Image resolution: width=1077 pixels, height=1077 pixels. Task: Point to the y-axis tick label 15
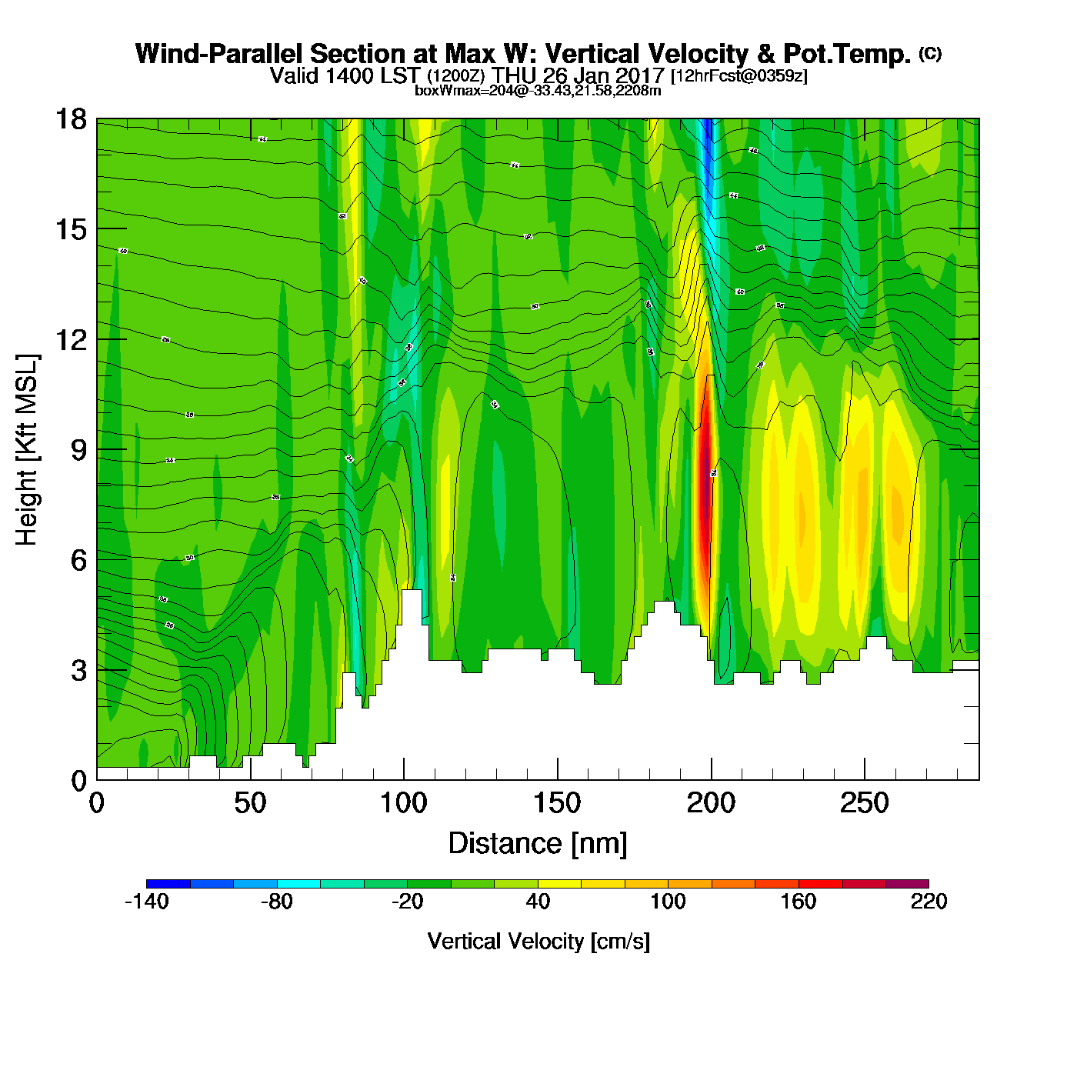pos(70,229)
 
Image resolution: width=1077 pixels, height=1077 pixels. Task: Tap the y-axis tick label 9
pos(78,450)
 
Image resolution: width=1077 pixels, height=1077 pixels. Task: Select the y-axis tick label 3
pos(78,671)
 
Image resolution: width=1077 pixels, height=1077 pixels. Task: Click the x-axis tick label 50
pos(250,804)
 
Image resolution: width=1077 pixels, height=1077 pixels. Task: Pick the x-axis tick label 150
pos(557,804)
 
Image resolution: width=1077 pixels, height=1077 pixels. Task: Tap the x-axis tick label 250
pos(865,804)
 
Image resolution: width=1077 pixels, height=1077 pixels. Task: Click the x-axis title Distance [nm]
pos(538,844)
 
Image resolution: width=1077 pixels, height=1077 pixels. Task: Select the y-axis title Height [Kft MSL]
pos(27,450)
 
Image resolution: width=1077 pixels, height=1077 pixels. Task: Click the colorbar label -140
pos(146,902)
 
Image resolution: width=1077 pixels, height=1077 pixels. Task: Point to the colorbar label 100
pos(668,902)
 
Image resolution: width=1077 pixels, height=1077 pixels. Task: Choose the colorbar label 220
pos(929,902)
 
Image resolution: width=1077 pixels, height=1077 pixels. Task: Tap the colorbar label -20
pos(407,902)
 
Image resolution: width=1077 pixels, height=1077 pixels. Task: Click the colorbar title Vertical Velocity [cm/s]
pos(538,942)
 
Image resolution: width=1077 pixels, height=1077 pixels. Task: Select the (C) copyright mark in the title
pos(930,53)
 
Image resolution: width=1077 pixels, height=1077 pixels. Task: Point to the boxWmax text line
pos(538,91)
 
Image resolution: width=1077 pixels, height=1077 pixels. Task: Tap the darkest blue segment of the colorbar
pos(168,884)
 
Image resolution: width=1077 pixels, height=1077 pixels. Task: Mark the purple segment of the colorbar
pos(907,884)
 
